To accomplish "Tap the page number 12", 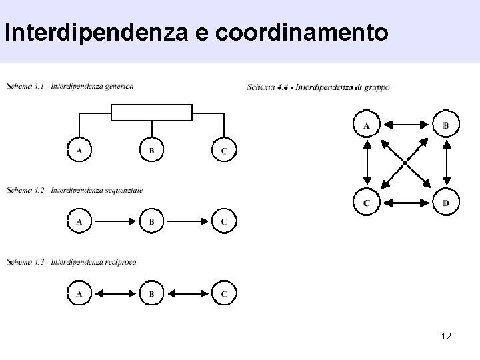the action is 446,335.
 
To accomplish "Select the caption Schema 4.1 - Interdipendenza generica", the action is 70,85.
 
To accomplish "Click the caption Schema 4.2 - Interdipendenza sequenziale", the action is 75,191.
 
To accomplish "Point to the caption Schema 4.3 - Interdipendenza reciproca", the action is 71,262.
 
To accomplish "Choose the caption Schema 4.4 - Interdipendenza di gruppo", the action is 318,87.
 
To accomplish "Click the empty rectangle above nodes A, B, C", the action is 151,113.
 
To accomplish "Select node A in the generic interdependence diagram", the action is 79,151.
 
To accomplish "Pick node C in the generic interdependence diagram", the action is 224,151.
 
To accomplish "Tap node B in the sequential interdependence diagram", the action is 151,221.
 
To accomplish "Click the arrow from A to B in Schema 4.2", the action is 115,221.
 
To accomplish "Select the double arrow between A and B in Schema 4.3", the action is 115,293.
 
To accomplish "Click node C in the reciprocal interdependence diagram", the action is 224,293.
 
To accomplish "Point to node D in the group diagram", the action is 446,202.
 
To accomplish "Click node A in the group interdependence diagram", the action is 366,125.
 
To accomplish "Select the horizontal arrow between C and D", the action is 406,202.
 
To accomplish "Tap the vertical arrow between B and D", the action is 446,163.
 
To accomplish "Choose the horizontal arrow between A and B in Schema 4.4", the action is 406,125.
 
